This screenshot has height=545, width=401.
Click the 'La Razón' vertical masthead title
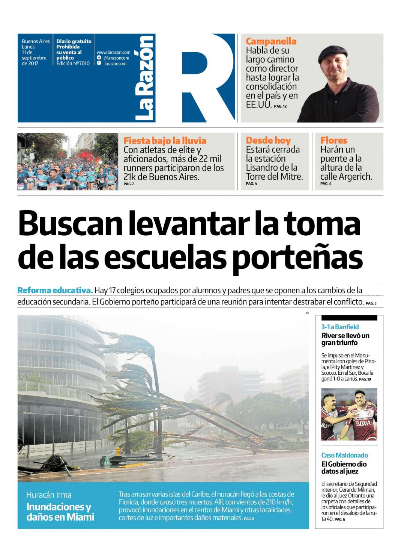pos(145,79)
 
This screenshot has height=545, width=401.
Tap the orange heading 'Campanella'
pos(271,41)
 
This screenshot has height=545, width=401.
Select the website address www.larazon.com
pos(113,52)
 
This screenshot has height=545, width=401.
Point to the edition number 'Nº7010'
pos(82,64)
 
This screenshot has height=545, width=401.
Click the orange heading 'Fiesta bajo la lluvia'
pos(165,141)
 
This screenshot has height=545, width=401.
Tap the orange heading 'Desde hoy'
pos(268,141)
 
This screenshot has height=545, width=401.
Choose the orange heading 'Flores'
pos(333,141)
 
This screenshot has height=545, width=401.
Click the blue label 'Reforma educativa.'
pos(55,291)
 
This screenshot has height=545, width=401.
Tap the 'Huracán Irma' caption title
pos(49,495)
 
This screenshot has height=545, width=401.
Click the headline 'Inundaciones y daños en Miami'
pos(60,512)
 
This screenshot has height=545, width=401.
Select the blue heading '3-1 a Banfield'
pos(340,327)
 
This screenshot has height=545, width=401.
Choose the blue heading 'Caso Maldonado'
pos(344,455)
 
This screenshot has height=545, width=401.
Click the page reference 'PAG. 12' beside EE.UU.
pos(280,107)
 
